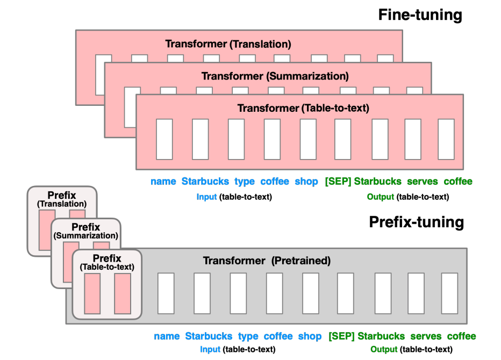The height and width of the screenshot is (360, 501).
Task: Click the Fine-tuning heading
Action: [420, 15]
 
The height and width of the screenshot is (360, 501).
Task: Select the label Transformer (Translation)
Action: [228, 44]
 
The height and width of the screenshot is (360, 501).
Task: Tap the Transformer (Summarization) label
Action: [275, 76]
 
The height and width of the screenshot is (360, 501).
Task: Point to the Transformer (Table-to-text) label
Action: [303, 108]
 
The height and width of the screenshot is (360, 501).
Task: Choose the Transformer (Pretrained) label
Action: [267, 261]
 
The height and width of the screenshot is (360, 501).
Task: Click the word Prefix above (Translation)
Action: [61, 195]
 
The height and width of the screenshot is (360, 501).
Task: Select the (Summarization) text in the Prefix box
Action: [85, 235]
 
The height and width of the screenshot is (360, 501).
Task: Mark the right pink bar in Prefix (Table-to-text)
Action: [123, 293]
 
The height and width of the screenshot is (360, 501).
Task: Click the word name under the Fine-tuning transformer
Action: [163, 182]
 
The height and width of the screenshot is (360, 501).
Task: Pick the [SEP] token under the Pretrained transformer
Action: [341, 336]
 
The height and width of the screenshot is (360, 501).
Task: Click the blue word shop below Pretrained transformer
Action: [310, 336]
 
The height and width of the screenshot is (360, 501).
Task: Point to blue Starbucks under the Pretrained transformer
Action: [209, 336]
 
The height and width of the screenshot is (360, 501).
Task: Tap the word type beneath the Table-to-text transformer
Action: [245, 182]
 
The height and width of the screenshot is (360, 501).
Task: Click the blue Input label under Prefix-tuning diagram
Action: [210, 349]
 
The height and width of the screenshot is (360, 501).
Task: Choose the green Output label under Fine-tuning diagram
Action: [381, 197]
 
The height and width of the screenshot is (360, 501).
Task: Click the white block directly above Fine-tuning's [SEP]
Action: [343, 139]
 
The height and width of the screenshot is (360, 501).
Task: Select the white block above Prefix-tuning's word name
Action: [166, 293]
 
